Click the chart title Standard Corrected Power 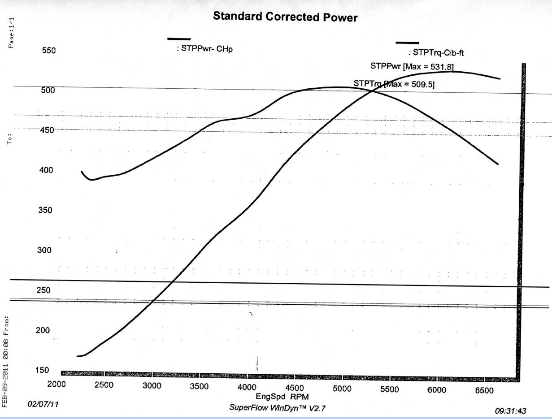[285, 17]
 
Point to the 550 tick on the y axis [49, 51]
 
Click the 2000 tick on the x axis [57, 384]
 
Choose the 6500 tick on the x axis [484, 390]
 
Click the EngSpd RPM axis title [282, 397]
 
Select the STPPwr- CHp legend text [204, 48]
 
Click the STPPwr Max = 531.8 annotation [413, 66]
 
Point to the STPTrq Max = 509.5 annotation [394, 84]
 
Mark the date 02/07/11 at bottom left [43, 404]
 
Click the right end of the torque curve [498, 164]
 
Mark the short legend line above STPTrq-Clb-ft [407, 43]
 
